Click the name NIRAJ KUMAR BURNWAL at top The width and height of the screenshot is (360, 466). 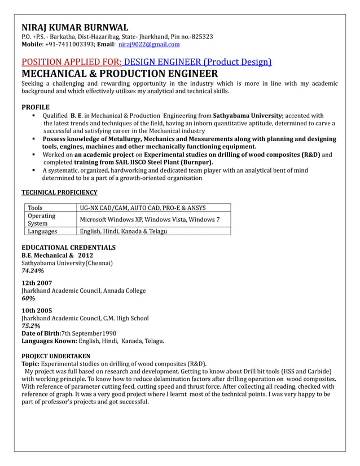74,27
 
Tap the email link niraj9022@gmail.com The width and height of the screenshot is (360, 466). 149,44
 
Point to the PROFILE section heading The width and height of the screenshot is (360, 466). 36,107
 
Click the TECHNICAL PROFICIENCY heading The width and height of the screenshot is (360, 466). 59,192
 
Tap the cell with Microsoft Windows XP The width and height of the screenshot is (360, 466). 150,219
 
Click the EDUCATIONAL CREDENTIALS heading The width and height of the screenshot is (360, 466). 68,247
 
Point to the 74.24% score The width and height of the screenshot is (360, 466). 33,271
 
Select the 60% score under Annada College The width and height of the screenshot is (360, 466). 28,298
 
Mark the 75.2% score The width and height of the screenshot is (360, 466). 30,326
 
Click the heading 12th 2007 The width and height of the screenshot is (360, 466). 37,282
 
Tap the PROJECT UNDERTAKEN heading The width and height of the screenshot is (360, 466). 55,355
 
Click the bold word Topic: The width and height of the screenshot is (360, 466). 31,363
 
